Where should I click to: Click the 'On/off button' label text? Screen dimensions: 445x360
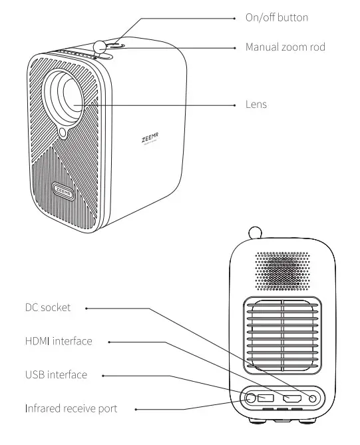pos(277,17)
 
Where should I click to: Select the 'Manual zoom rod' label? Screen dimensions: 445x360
pos(285,47)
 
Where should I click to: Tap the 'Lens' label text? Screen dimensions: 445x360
pos(256,105)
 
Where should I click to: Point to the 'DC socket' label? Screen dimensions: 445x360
pos(47,307)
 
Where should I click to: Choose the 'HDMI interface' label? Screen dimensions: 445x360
pos(59,341)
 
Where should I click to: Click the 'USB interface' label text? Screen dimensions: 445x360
pos(56,374)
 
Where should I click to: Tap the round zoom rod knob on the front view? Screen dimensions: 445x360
pos(100,47)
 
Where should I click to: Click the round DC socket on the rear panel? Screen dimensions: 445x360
pos(313,398)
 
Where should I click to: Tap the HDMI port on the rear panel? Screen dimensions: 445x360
pos(291,398)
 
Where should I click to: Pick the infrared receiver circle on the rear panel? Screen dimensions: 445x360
pos(250,398)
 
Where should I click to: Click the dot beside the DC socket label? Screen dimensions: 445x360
pos(87,308)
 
